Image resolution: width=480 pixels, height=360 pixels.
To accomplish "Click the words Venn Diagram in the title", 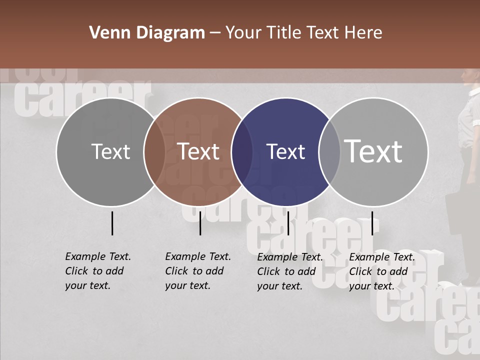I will (147, 33).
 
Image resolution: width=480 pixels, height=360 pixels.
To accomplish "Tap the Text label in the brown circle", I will (198, 151).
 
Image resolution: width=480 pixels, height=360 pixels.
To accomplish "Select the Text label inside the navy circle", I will (285, 152).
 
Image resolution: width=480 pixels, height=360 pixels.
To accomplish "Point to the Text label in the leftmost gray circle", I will (111, 151).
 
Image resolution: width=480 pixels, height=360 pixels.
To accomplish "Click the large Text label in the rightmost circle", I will (373, 151).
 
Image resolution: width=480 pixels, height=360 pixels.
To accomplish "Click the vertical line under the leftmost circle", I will (112, 223).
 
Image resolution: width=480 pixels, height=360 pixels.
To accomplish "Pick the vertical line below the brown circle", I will (200, 223).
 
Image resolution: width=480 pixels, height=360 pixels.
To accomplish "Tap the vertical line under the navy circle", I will (288, 223).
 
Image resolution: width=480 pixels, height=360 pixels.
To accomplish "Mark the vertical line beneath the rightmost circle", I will (372, 223).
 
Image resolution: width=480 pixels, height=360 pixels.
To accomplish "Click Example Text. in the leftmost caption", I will (98, 256).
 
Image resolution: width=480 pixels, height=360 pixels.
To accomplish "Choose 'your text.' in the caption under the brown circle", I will (188, 285).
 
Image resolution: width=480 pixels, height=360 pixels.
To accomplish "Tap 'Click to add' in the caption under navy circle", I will (286, 271).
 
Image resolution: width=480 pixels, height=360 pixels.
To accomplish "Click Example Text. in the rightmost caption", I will (382, 257).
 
